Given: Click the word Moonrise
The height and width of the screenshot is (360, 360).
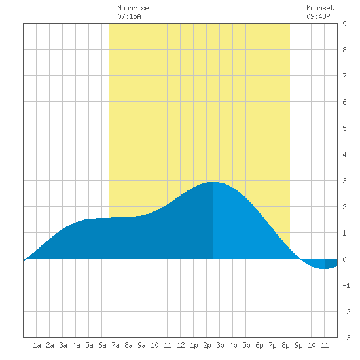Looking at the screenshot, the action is (133, 8).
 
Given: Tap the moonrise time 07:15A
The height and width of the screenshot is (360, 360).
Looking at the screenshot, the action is (129, 16).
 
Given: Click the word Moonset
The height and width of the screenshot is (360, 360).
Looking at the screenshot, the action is (320, 8).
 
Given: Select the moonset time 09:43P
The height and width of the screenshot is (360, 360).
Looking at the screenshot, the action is (318, 16).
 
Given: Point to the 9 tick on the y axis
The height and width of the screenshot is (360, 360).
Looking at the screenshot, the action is (344, 24).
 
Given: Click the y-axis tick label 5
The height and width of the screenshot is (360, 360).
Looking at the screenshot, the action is (344, 128).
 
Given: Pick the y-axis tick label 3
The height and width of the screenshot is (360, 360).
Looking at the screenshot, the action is (344, 181).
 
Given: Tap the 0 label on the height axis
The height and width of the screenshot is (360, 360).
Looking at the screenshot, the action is (344, 259).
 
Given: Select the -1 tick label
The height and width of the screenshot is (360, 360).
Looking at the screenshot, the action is (346, 285).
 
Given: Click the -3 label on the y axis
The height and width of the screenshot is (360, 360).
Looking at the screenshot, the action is (346, 338).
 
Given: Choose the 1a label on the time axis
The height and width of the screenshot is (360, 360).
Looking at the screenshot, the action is (37, 345).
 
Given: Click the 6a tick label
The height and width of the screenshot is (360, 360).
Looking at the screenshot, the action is (102, 345).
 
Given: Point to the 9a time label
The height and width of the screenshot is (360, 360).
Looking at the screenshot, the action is (141, 345).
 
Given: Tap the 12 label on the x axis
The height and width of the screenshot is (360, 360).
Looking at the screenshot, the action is (181, 345).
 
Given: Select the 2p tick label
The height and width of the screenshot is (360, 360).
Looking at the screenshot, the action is (207, 345).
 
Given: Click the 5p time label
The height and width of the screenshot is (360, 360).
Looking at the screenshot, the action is (246, 345).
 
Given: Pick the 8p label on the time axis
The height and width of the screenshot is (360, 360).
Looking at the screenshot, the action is (285, 345).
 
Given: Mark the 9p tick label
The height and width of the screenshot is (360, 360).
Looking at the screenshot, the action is (298, 345).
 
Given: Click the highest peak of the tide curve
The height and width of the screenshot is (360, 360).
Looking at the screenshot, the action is (213, 182).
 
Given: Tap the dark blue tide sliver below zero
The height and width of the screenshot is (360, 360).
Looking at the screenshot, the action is (331, 263).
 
